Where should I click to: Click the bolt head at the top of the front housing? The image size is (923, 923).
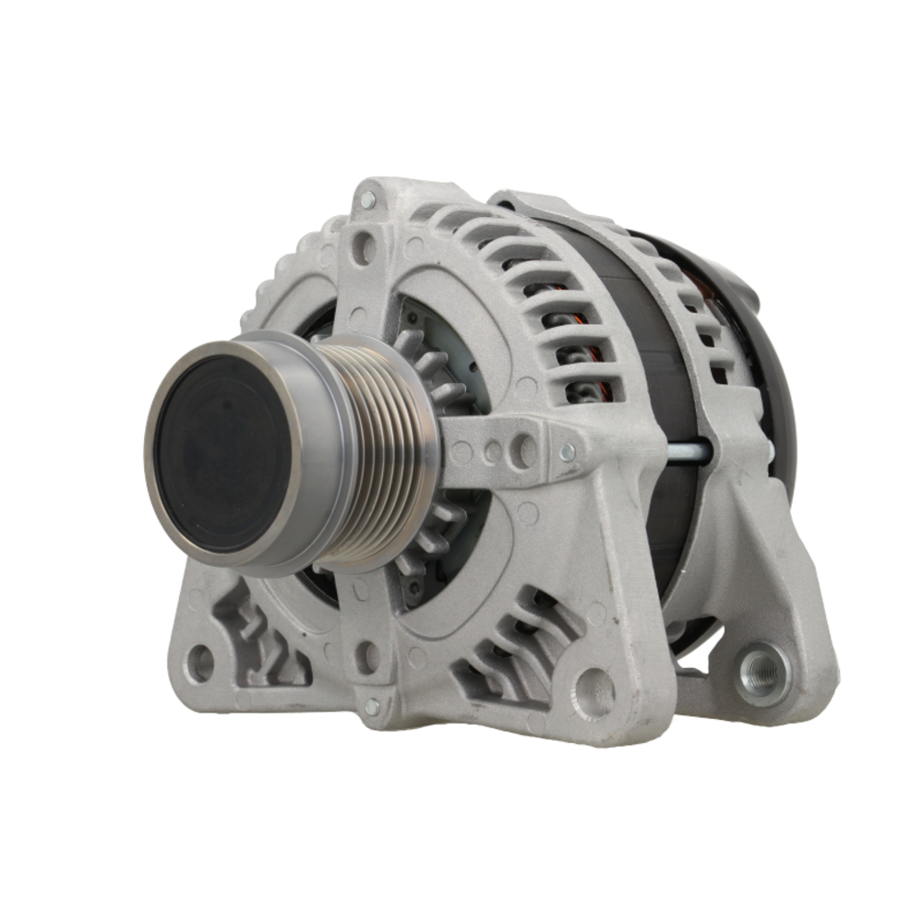point(367,199)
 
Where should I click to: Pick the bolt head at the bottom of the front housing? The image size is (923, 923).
point(371,706)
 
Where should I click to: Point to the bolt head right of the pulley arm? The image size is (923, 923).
point(568,451)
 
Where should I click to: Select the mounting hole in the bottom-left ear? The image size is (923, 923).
point(199,663)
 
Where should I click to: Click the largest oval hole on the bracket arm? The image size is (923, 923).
point(525,450)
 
